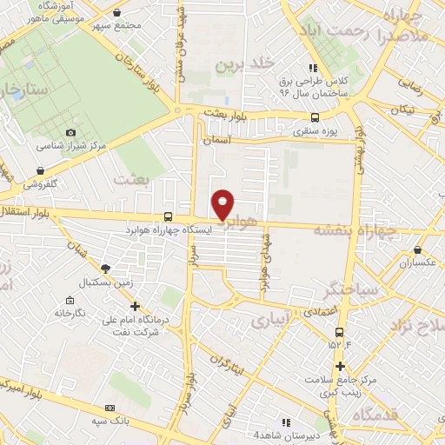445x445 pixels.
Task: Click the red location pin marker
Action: [x=222, y=204]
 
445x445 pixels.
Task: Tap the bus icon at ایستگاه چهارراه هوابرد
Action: [x=168, y=216]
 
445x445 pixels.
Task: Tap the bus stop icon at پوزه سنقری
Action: [x=314, y=118]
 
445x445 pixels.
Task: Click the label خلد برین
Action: [x=262, y=63]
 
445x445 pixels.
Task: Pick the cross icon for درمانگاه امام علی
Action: [x=135, y=306]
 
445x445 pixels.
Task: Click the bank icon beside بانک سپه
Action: [x=109, y=408]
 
